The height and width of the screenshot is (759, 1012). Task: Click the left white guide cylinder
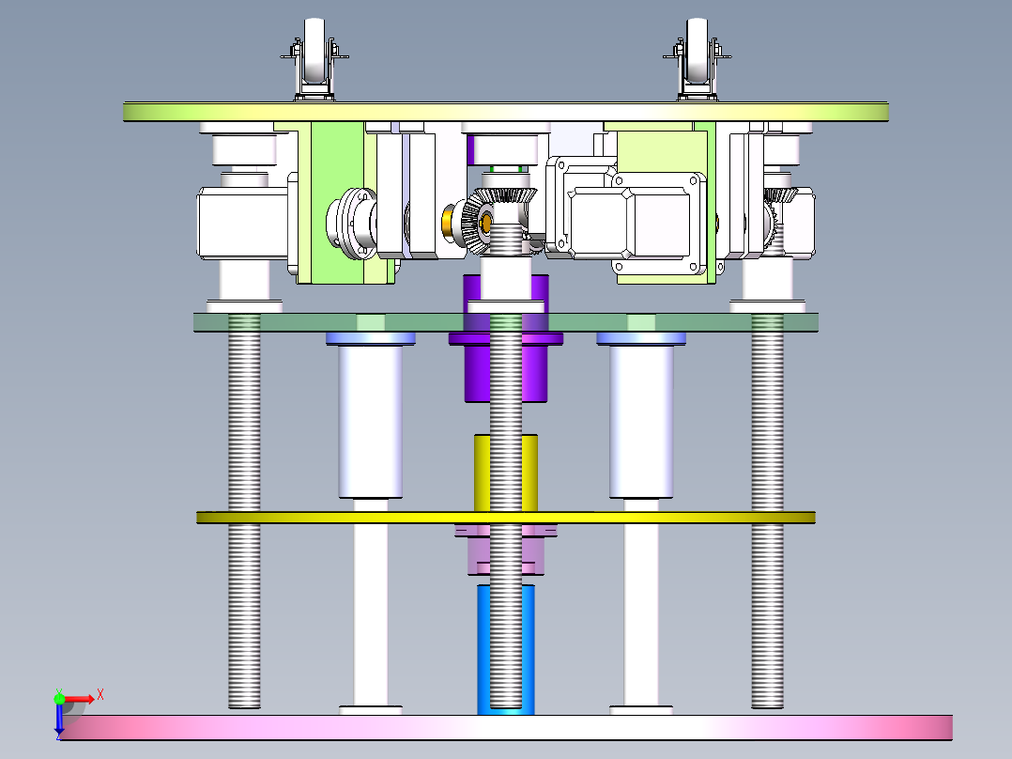(370, 423)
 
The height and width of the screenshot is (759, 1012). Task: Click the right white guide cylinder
(641, 423)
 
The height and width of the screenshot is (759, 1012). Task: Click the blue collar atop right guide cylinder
(641, 338)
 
